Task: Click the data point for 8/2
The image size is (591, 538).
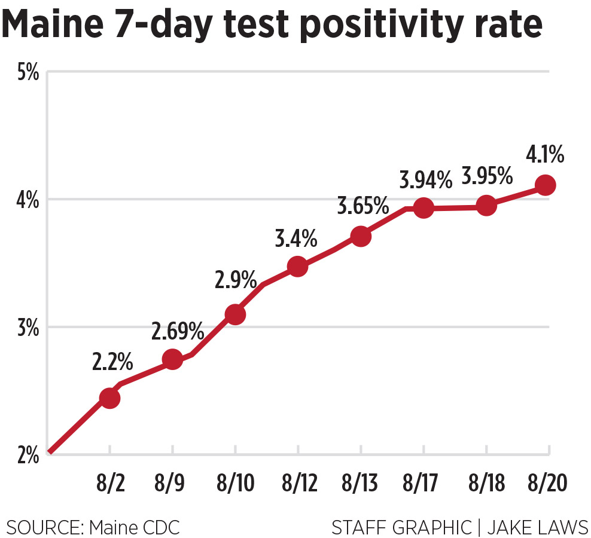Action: click(x=109, y=398)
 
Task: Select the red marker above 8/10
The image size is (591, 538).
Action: click(x=236, y=314)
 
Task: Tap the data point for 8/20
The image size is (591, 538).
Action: click(x=545, y=185)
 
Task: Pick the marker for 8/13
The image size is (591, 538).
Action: click(x=361, y=236)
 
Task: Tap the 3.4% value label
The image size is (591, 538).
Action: click(x=296, y=239)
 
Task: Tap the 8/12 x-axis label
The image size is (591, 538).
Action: click(x=298, y=483)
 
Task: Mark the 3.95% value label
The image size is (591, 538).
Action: click(x=488, y=176)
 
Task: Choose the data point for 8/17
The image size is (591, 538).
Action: click(x=424, y=208)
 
